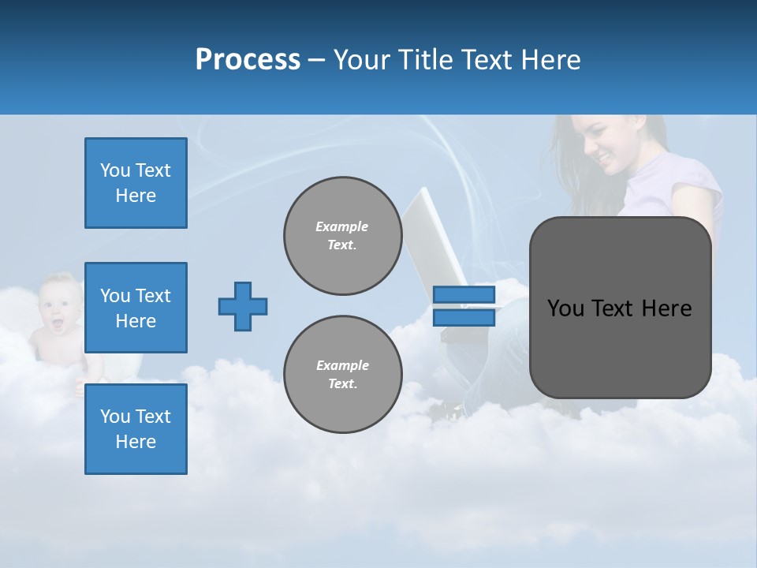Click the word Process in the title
click(x=248, y=60)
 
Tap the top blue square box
click(x=136, y=183)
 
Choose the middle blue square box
click(x=136, y=308)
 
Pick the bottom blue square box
click(x=136, y=429)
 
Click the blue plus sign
click(x=243, y=306)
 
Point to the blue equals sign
click(x=464, y=306)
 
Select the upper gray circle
click(x=343, y=235)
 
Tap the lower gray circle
click(x=343, y=374)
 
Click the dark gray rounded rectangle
click(x=620, y=308)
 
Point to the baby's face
click(x=56, y=304)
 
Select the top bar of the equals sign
click(x=464, y=295)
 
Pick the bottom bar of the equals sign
click(x=464, y=317)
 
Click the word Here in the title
click(x=551, y=60)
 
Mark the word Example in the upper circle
click(x=341, y=226)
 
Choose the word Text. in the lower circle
click(x=342, y=383)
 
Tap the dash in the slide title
click(x=316, y=61)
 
